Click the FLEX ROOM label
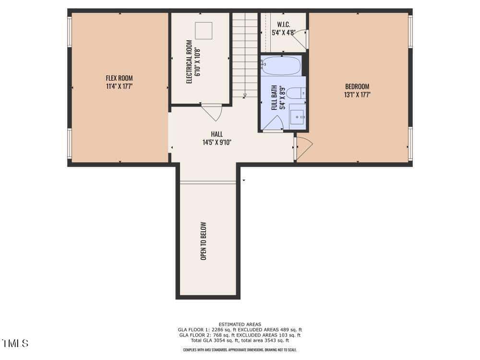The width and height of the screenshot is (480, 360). pyautogui.click(x=120, y=78)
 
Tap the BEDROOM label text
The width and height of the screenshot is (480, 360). pyautogui.click(x=357, y=86)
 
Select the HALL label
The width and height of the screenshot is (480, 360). pyautogui.click(x=217, y=134)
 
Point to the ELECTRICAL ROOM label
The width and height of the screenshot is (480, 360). pyautogui.click(x=189, y=62)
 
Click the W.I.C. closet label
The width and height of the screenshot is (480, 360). pyautogui.click(x=284, y=24)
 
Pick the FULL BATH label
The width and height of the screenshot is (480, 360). pyautogui.click(x=274, y=97)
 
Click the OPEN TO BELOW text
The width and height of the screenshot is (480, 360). pyautogui.click(x=204, y=241)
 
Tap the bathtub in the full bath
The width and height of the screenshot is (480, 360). pyautogui.click(x=281, y=65)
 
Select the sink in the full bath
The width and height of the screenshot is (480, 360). pyautogui.click(x=297, y=117)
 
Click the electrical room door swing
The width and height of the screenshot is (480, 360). pyautogui.click(x=212, y=112)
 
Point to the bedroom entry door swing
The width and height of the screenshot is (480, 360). pyautogui.click(x=304, y=149)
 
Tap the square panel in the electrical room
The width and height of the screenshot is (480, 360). pyautogui.click(x=204, y=31)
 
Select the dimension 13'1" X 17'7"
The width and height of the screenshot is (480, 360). pyautogui.click(x=357, y=95)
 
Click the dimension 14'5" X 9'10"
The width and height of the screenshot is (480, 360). pyautogui.click(x=217, y=143)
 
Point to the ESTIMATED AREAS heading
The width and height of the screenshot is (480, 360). pyautogui.click(x=240, y=324)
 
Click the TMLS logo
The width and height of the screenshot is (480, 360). pyautogui.click(x=15, y=343)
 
